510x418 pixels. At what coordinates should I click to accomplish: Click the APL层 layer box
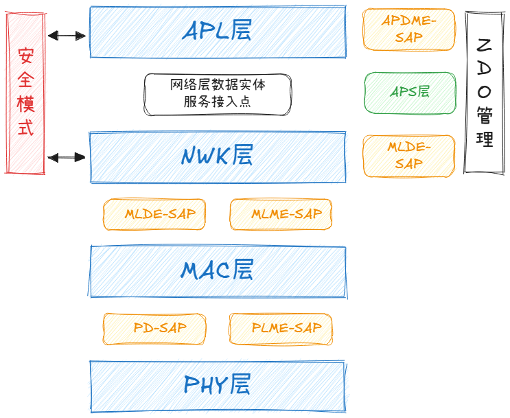pyautogui.click(x=218, y=32)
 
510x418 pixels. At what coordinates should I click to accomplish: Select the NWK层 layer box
pyautogui.click(x=218, y=157)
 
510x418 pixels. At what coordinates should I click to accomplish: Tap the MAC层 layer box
pyautogui.click(x=218, y=270)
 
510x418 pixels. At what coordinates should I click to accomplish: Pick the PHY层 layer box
pyautogui.click(x=218, y=386)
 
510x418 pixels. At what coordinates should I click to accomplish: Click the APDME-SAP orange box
pyautogui.click(x=409, y=30)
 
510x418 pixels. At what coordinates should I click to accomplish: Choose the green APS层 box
pyautogui.click(x=410, y=92)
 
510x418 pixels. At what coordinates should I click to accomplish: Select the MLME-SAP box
pyautogui.click(x=281, y=214)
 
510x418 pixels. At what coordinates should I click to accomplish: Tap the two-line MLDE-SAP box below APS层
pyautogui.click(x=409, y=156)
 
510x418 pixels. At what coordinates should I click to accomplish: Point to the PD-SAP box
pyautogui.click(x=154, y=329)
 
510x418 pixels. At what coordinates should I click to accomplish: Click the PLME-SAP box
pyautogui.click(x=281, y=329)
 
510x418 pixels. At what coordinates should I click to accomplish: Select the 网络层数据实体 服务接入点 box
pyautogui.click(x=218, y=94)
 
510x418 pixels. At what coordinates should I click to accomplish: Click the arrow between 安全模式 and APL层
pyautogui.click(x=67, y=36)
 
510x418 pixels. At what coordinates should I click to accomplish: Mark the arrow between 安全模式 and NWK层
pyautogui.click(x=67, y=158)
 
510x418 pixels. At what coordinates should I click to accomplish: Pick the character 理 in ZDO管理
pyautogui.click(x=484, y=139)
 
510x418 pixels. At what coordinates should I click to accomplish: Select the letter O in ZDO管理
pyautogui.click(x=484, y=91)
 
